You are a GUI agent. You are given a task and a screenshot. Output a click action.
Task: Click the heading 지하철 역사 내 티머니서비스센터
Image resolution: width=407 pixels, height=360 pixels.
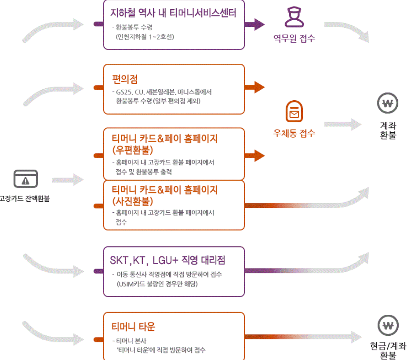click(173, 13)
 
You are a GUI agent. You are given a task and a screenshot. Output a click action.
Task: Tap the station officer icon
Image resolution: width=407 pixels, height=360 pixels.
click(294, 17)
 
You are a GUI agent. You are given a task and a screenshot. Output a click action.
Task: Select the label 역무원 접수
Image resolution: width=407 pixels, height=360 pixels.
click(294, 38)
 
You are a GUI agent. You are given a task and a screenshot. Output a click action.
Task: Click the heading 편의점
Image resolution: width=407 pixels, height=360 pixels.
click(124, 79)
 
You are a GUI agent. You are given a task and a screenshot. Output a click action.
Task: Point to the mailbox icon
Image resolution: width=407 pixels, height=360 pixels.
click(294, 111)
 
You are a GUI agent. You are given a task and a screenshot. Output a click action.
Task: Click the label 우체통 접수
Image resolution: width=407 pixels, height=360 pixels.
click(294, 133)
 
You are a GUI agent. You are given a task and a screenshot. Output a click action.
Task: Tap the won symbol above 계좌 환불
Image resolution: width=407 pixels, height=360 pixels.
click(388, 103)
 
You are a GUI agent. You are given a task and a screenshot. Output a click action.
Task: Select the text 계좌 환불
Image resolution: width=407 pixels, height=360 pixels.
click(388, 130)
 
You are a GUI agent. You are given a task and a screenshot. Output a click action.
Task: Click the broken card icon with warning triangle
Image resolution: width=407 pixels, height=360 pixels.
click(25, 178)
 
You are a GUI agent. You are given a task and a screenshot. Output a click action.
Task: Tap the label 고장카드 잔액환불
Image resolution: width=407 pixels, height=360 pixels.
click(25, 199)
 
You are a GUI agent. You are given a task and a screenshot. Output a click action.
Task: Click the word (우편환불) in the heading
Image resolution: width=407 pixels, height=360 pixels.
click(132, 150)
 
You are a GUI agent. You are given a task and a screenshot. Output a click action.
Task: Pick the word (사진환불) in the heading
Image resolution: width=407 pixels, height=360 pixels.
click(132, 201)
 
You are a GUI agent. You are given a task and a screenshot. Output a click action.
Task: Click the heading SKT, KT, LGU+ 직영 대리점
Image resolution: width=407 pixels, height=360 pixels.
click(167, 260)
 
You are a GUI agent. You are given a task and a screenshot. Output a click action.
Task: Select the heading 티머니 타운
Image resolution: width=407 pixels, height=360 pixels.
click(133, 327)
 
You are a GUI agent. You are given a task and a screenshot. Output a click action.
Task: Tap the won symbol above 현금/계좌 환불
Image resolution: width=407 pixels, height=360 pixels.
click(388, 325)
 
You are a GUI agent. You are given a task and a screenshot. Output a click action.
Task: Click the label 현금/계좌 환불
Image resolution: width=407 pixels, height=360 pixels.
click(388, 350)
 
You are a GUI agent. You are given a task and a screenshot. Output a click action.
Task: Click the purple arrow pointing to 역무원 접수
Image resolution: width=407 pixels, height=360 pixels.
click(254, 25)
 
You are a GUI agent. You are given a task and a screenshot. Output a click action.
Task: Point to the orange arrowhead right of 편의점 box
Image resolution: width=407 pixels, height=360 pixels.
click(259, 87)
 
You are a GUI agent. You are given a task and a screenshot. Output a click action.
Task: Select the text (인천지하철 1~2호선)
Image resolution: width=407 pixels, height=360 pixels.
click(145, 37)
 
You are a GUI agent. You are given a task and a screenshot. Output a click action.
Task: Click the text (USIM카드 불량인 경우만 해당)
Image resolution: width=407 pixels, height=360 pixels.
click(157, 284)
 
